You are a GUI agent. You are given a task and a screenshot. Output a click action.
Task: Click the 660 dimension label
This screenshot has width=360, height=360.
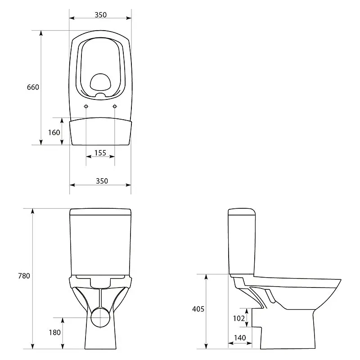click(33, 87)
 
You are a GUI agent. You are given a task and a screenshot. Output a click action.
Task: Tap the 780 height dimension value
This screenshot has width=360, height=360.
click(24, 276)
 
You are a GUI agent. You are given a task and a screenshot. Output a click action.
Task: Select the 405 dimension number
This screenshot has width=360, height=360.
click(198, 309)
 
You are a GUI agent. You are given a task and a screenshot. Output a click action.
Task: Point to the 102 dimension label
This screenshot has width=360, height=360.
click(239, 318)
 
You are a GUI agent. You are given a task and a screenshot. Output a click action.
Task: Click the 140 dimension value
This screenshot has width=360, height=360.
click(240, 338)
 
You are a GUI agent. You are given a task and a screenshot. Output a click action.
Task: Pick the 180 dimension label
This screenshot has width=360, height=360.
click(54, 333)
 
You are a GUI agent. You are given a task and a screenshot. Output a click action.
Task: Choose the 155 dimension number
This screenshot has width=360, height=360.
click(100, 153)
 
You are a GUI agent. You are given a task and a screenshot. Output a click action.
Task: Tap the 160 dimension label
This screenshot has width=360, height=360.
click(54, 132)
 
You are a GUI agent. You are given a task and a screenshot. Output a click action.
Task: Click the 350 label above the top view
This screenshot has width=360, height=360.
click(100, 15)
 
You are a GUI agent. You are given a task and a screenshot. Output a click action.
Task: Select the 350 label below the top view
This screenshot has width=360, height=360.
click(102, 181)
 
